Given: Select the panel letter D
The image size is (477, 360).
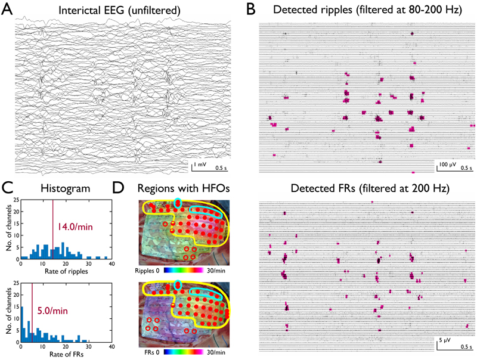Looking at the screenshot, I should [119, 189].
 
